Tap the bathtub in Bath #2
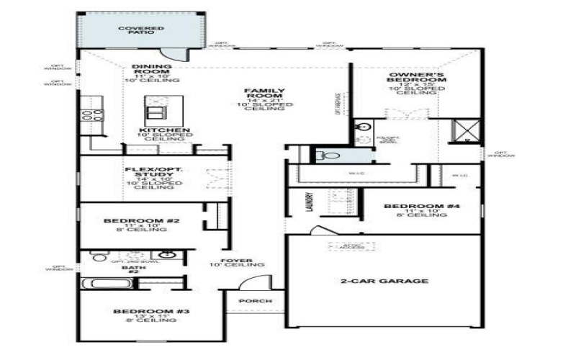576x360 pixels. [x=106, y=283]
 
